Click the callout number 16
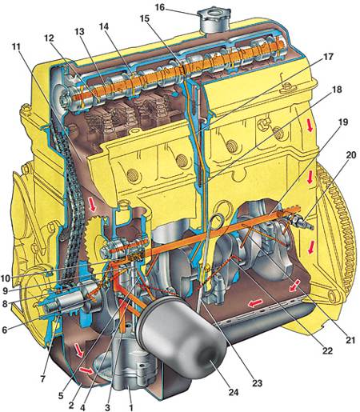tap(160, 7)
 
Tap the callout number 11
tap(16, 46)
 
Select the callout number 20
tap(351, 154)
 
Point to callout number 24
tap(234, 392)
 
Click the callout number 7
tap(43, 379)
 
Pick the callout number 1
tap(130, 407)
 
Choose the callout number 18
tap(337, 90)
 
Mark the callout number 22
tap(328, 350)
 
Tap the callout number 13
tap(79, 32)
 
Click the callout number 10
tap(5, 278)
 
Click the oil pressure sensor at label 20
tap(302, 222)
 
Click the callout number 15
tap(145, 18)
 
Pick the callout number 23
tap(258, 383)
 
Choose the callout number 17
tap(328, 57)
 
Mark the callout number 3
tap(107, 407)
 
